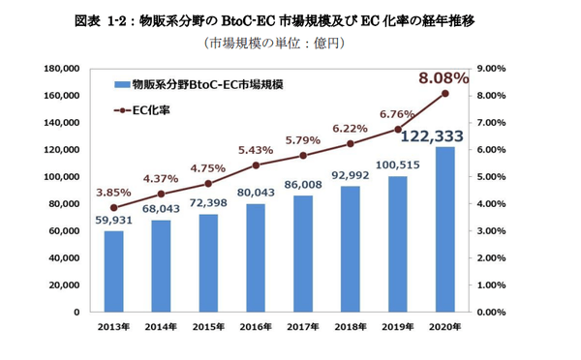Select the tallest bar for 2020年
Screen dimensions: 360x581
444,229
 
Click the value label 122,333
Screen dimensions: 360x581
437,135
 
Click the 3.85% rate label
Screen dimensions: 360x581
113,191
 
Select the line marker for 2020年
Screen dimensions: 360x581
444,94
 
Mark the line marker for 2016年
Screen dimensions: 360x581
256,165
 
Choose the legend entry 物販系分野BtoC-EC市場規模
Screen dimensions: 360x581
198,85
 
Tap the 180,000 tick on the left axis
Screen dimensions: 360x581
62,69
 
